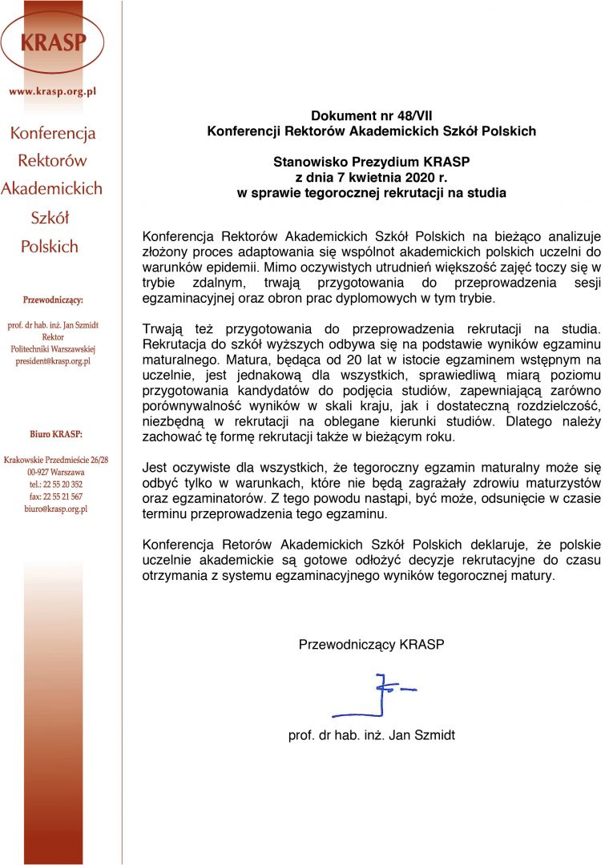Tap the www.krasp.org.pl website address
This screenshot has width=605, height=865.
coord(53,91)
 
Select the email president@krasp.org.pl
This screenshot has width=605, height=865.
coord(53,361)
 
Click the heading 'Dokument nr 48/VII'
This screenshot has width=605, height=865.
coord(371,115)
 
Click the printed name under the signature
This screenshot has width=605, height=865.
coord(371,735)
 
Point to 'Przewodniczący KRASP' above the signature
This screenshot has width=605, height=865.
coord(371,644)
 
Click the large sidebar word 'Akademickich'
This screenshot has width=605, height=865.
coord(52,189)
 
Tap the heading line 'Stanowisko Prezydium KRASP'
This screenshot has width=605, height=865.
coord(371,162)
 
